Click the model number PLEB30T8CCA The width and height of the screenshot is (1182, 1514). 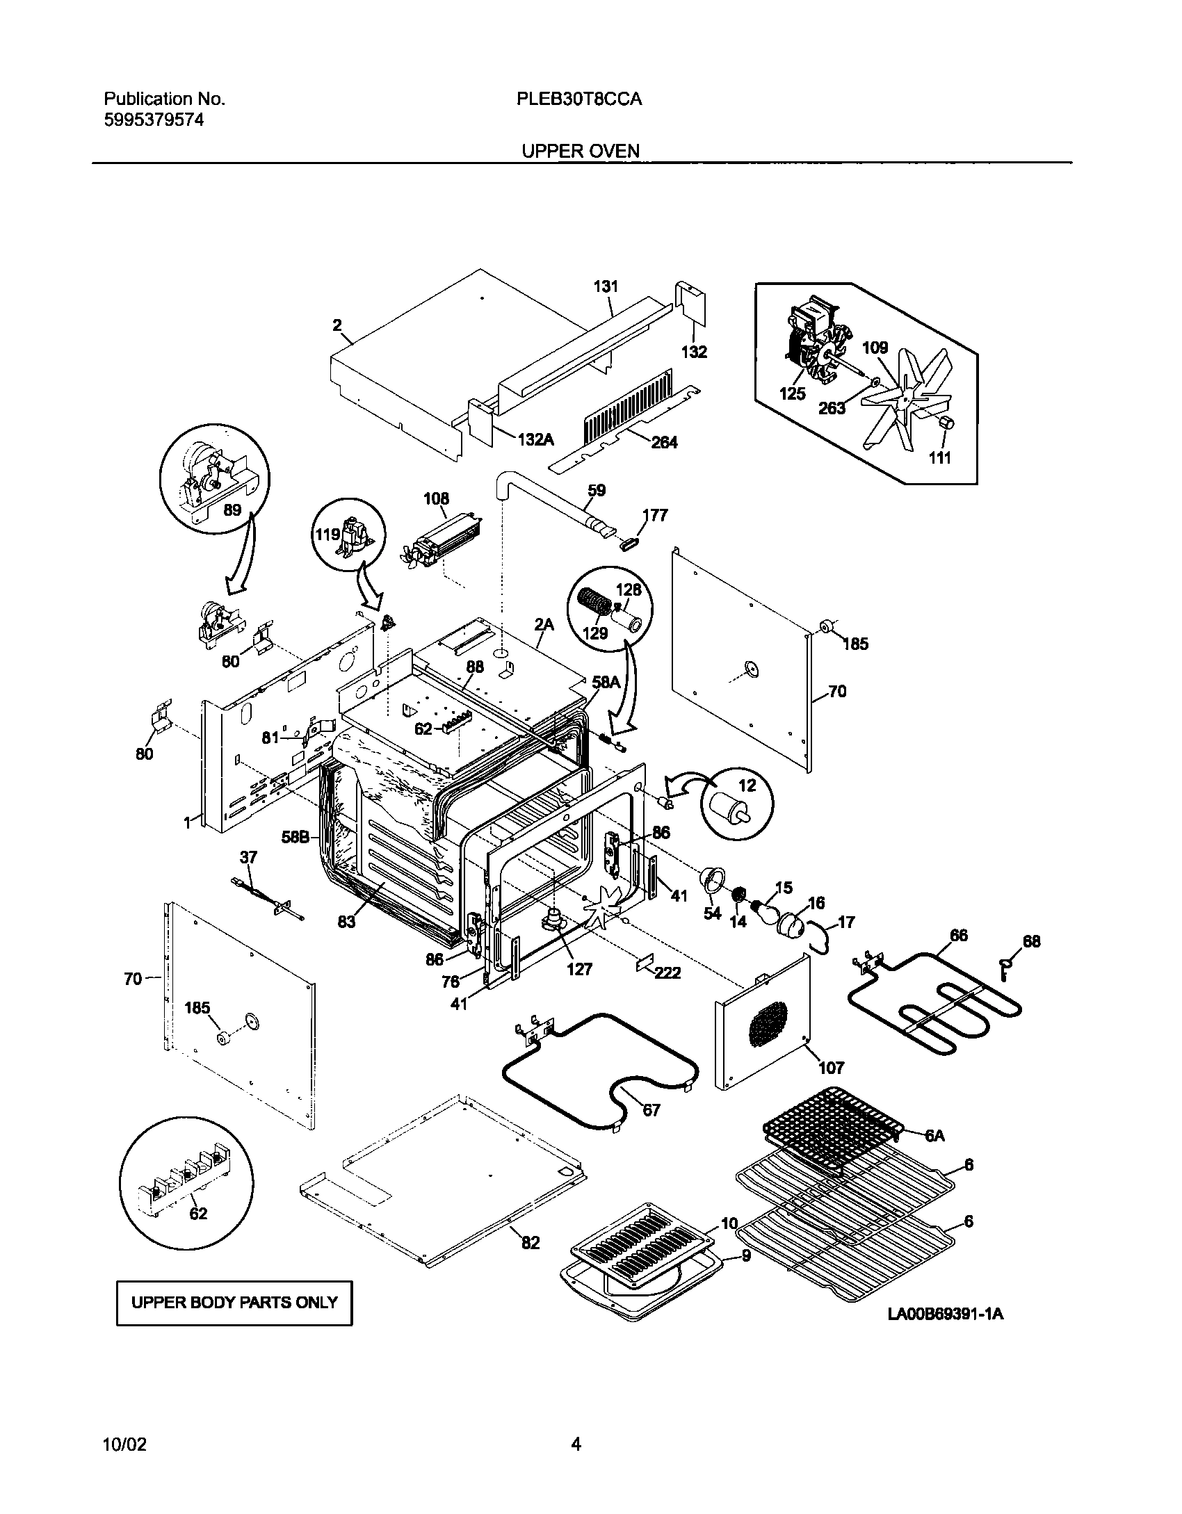tap(578, 99)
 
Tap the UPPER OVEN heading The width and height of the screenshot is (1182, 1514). tap(581, 151)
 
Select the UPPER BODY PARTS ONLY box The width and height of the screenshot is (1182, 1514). tap(234, 1302)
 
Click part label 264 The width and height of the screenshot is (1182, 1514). tap(663, 442)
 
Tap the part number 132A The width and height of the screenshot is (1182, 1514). tap(535, 439)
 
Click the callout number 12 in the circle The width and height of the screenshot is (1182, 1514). tap(747, 786)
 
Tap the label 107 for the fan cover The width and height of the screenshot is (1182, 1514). tap(831, 1067)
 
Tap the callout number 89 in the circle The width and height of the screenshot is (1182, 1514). tap(232, 510)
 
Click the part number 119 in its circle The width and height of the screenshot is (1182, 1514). tap(327, 535)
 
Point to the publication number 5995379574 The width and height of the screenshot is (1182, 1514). tap(154, 120)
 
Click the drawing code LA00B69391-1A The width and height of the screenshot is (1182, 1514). tap(945, 1314)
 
